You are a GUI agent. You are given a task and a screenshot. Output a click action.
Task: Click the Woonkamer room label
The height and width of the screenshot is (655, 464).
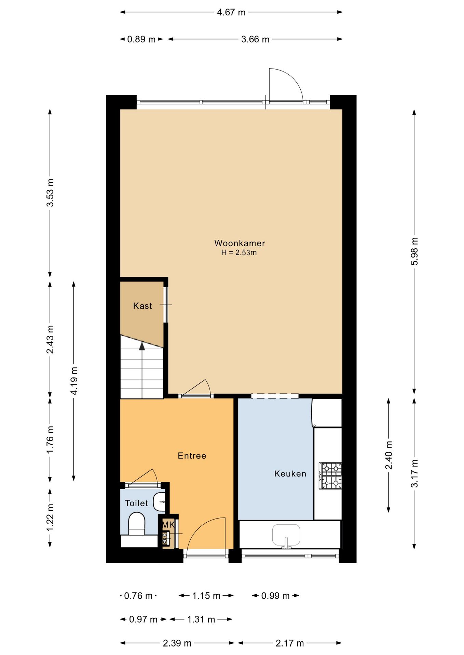(240, 243)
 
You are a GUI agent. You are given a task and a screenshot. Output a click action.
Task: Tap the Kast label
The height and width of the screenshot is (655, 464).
(142, 306)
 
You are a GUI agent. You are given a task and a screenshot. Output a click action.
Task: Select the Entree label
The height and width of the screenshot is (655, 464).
(192, 456)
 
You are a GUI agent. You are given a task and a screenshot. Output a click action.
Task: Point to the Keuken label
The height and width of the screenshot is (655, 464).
(290, 474)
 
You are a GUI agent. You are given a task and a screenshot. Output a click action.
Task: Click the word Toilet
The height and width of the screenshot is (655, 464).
(136, 503)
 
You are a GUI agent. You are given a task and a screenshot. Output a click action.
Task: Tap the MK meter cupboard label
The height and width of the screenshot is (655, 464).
(168, 525)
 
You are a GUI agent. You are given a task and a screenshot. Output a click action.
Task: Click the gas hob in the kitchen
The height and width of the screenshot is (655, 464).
(330, 476)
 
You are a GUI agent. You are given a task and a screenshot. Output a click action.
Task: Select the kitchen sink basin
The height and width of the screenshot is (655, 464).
(286, 535)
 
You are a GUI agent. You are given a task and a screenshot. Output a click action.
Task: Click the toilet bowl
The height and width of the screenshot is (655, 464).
(137, 524)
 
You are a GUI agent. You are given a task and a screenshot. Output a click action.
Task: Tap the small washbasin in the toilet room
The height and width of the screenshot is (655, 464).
(159, 502)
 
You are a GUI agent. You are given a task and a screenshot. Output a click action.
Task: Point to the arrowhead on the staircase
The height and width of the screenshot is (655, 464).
(142, 346)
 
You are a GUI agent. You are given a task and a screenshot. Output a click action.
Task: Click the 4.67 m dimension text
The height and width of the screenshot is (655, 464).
(231, 12)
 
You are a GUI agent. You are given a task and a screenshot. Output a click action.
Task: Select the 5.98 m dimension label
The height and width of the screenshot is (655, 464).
(414, 251)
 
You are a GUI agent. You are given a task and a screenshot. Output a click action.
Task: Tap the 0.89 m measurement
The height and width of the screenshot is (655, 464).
(141, 39)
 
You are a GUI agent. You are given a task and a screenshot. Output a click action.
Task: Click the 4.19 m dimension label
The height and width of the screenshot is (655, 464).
(74, 381)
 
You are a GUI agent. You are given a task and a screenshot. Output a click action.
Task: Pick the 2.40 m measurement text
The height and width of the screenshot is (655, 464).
(389, 455)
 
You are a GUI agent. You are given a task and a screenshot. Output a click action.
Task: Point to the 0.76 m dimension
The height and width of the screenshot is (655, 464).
(138, 596)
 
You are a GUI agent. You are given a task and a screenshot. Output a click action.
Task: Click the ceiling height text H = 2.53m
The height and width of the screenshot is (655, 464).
(239, 253)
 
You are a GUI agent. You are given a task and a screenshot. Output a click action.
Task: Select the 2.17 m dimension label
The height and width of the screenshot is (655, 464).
(290, 643)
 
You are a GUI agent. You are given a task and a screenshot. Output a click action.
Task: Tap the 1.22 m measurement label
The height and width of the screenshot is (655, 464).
(50, 517)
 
